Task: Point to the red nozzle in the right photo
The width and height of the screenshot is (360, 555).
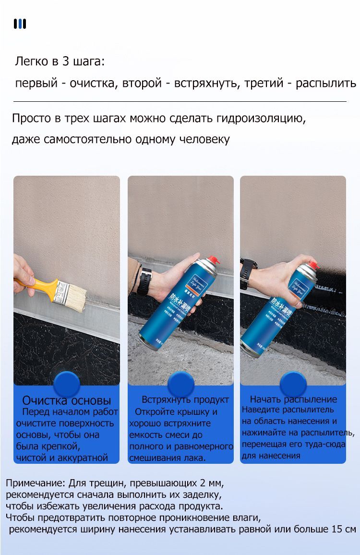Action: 314,265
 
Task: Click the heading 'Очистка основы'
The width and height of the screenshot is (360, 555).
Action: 67,400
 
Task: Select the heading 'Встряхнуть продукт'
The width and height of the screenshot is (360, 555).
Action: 185,399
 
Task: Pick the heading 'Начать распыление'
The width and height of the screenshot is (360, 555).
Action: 293,399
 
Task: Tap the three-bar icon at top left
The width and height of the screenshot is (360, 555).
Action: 20,24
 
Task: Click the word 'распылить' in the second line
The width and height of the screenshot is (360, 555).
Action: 326,83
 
